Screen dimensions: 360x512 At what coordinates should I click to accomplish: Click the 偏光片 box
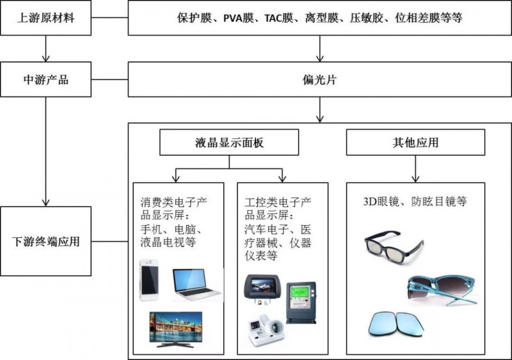(319, 80)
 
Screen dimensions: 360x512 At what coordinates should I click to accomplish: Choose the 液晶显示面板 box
(228, 143)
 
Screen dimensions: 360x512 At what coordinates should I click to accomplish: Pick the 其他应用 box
(416, 143)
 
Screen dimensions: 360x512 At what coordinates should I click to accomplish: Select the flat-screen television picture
(176, 329)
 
